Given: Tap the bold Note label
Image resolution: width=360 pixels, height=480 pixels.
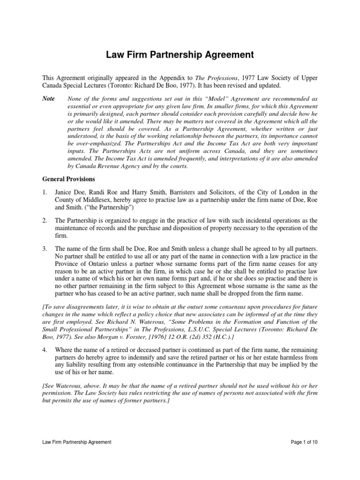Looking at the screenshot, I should (49, 98).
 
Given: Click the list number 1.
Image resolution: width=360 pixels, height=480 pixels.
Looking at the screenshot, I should (44, 192).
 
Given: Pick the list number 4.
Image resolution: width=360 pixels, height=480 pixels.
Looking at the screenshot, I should (44, 350).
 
